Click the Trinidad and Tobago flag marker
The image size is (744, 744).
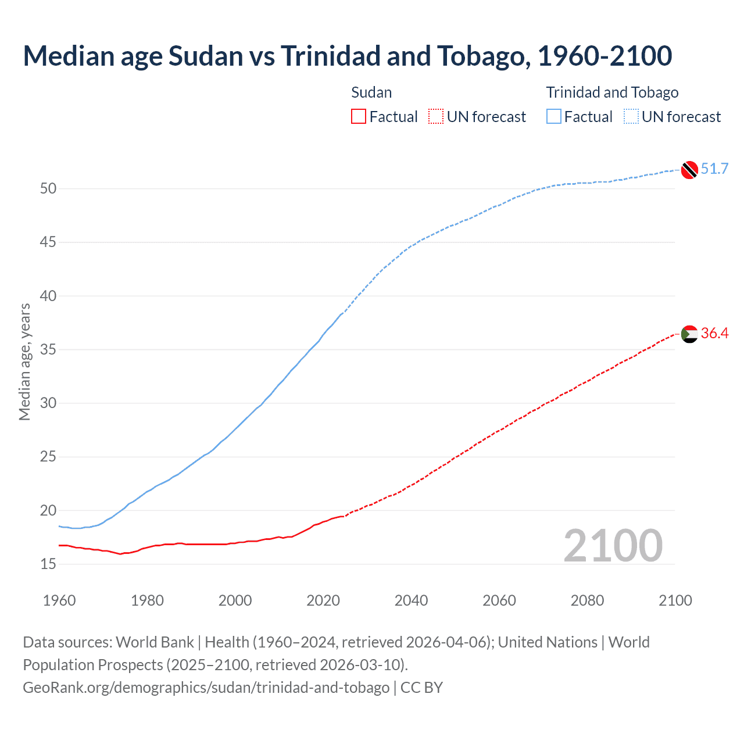[x=689, y=169]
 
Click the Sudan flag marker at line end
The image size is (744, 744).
[x=689, y=334]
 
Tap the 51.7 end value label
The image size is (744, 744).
[x=714, y=169]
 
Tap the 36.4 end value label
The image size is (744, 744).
[x=714, y=333]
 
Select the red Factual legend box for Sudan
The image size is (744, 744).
[x=359, y=117]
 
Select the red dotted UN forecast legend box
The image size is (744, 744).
[x=436, y=117]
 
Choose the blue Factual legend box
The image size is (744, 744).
[x=553, y=117]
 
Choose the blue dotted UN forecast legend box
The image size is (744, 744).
[x=631, y=117]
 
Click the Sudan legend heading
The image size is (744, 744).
[x=371, y=92]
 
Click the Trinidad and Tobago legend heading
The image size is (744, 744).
[x=612, y=92]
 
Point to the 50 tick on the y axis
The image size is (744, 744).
[x=48, y=188]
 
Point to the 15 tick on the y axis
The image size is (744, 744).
[x=48, y=564]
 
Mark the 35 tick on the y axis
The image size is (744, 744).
[x=48, y=349]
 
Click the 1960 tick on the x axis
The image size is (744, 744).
[x=59, y=600]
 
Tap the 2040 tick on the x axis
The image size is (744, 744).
[x=411, y=600]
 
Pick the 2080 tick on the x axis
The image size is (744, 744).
[x=587, y=600]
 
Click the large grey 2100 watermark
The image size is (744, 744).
[x=613, y=545]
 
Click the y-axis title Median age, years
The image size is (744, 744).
[x=24, y=362]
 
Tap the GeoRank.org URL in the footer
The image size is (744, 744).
[x=206, y=687]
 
